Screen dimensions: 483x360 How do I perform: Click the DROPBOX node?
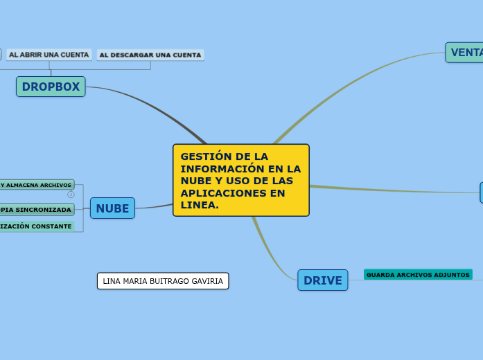[51, 87]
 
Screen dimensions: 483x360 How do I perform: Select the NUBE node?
[112, 208]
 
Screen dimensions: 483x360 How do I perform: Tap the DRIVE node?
[323, 280]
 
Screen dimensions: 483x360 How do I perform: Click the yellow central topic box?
[241, 180]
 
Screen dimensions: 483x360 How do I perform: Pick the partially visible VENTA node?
[465, 53]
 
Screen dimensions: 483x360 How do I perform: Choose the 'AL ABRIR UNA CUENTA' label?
[49, 55]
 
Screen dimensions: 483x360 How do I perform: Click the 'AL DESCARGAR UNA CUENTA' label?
[150, 55]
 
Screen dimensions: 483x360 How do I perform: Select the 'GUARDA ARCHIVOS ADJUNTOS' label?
[418, 275]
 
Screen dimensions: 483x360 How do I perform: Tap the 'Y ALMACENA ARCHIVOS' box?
[36, 185]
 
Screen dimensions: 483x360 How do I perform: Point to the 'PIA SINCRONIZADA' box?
[36, 209]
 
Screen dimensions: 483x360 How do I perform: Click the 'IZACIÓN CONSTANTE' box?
[36, 226]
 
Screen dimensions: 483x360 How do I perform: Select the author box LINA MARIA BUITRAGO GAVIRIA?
[163, 281]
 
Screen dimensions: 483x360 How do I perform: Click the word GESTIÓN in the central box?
[205, 156]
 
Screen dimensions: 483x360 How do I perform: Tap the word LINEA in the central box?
[200, 206]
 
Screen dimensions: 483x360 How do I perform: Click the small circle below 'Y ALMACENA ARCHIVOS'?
[71, 195]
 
